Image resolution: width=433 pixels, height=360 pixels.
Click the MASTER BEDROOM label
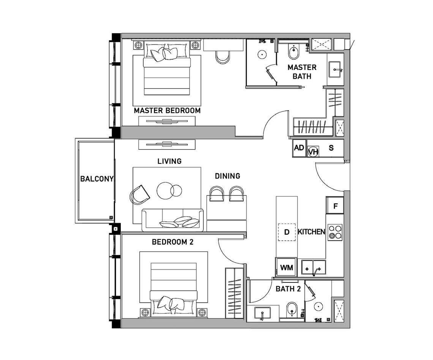point(167,111)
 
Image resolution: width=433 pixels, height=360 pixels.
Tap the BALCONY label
point(96,179)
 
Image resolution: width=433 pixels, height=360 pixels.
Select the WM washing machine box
point(286,267)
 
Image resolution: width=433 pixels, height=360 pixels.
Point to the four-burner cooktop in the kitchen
point(335,232)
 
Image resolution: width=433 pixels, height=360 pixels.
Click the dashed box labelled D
point(287,232)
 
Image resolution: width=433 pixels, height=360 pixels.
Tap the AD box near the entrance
point(299,148)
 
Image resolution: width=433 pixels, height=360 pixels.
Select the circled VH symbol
point(313,152)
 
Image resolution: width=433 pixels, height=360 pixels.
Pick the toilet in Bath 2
point(292,310)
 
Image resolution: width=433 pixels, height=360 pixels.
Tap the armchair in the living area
point(139,195)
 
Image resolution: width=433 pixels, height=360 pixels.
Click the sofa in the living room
point(173,220)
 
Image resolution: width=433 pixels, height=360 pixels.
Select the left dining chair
point(216,193)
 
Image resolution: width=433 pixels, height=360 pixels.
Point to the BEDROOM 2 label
point(172,242)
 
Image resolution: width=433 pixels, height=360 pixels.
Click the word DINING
point(228,176)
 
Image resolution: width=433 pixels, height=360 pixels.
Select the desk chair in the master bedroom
point(223,57)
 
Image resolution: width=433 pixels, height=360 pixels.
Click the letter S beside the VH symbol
point(331,148)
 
